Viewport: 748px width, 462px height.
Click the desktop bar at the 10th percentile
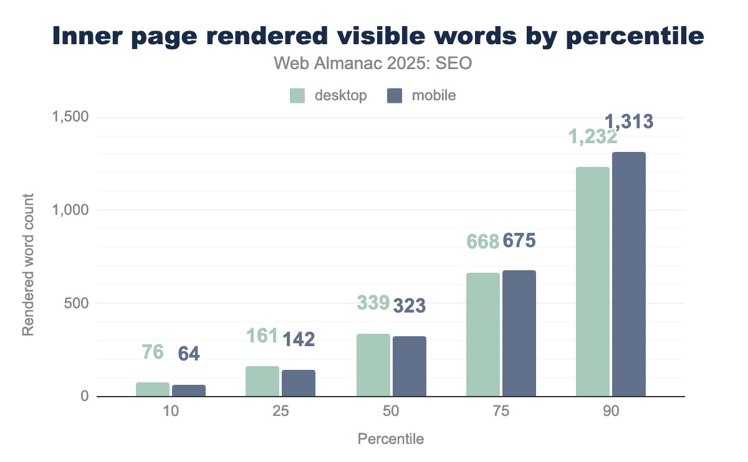[153, 389]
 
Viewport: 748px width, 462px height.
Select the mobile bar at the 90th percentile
[629, 275]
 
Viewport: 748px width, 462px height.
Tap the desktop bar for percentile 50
[373, 365]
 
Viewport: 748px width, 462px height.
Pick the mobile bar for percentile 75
[519, 333]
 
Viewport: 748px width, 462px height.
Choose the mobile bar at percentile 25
[299, 383]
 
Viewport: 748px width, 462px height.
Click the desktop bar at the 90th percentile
[593, 282]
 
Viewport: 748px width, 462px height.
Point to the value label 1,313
[630, 121]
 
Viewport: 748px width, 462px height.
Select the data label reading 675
[519, 240]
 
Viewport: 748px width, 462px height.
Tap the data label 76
[153, 352]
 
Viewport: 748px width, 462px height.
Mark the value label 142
[299, 339]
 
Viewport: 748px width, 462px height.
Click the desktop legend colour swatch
[297, 96]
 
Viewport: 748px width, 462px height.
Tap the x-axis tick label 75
[501, 413]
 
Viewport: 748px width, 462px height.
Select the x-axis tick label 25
[280, 413]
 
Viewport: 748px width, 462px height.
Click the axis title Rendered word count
[28, 265]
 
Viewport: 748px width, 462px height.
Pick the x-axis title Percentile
[391, 439]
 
